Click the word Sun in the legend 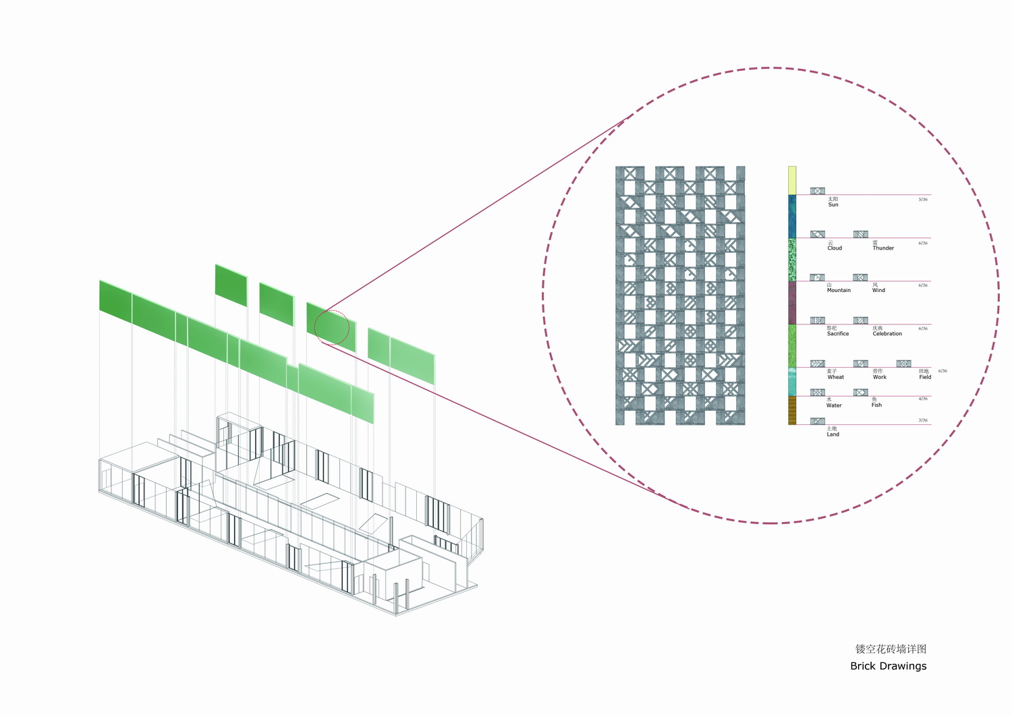[x=833, y=205]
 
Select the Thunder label [x=882, y=248]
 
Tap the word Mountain [x=839, y=291]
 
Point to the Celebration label [x=887, y=334]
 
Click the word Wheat [x=835, y=377]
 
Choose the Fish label [x=876, y=405]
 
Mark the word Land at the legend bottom [x=833, y=434]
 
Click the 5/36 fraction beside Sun [x=923, y=200]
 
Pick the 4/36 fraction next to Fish [x=923, y=399]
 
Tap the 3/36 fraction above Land [x=923, y=420]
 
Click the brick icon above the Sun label [x=818, y=191]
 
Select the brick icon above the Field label [x=904, y=364]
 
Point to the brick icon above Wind [x=860, y=277]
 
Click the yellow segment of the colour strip [x=792, y=180]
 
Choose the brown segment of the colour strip [x=792, y=410]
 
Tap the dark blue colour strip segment [x=792, y=217]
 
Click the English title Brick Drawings [x=888, y=666]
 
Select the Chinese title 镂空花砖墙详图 [x=891, y=649]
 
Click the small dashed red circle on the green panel [x=332, y=327]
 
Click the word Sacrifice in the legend [x=837, y=334]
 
